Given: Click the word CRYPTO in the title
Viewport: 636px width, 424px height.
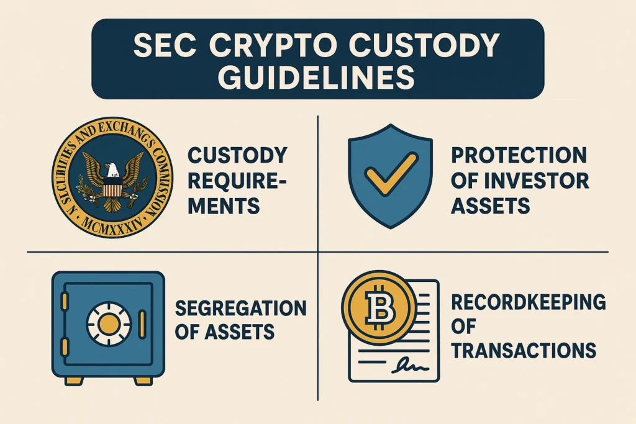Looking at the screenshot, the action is click(269, 45).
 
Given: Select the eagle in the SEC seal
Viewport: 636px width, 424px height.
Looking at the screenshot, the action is click(112, 181).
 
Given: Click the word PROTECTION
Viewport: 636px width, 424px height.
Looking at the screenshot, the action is click(519, 155).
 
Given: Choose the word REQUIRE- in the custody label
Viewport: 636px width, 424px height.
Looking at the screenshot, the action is click(237, 181).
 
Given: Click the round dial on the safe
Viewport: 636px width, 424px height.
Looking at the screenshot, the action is click(109, 323).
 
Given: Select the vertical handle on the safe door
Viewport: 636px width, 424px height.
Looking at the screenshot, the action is click(142, 324).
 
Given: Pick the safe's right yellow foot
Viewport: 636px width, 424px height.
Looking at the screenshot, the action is click(143, 381).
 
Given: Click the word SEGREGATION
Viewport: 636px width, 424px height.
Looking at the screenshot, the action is click(241, 309).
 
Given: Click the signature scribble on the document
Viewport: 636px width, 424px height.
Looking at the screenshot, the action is click(410, 366).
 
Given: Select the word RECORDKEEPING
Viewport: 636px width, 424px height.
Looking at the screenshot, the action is click(529, 302).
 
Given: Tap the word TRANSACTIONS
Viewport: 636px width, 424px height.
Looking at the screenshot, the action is click(524, 350).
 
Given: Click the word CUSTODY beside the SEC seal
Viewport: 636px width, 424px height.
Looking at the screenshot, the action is click(238, 155).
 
